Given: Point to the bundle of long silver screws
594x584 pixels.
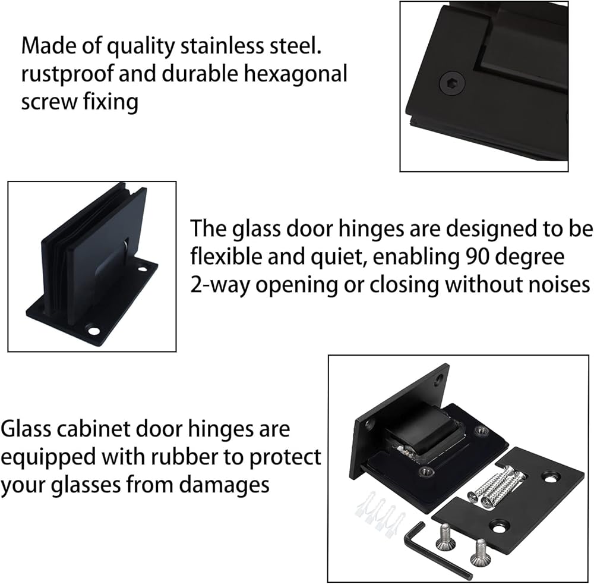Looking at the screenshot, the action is [x=497, y=486].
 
